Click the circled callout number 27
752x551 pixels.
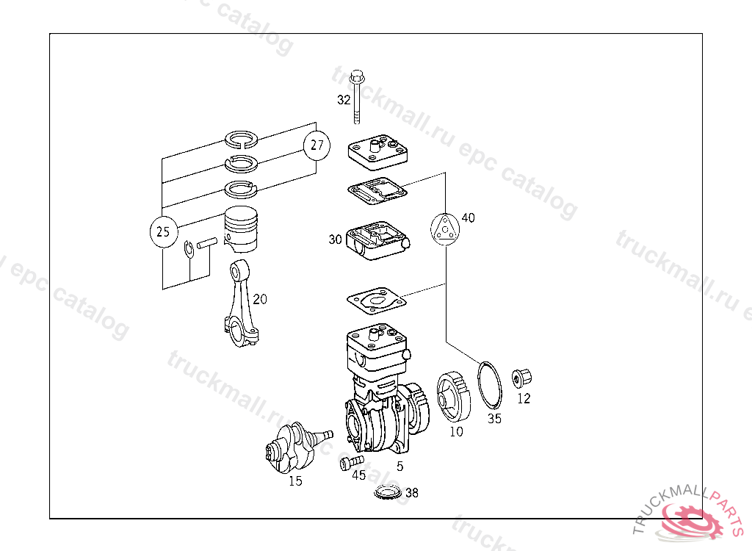316,145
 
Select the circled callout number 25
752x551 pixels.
163,232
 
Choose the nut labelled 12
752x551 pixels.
522,379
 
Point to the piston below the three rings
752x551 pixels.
242,226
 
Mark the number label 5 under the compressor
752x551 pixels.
399,467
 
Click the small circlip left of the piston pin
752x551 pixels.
189,250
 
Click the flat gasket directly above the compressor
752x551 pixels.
376,301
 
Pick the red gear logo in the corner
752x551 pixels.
690,518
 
